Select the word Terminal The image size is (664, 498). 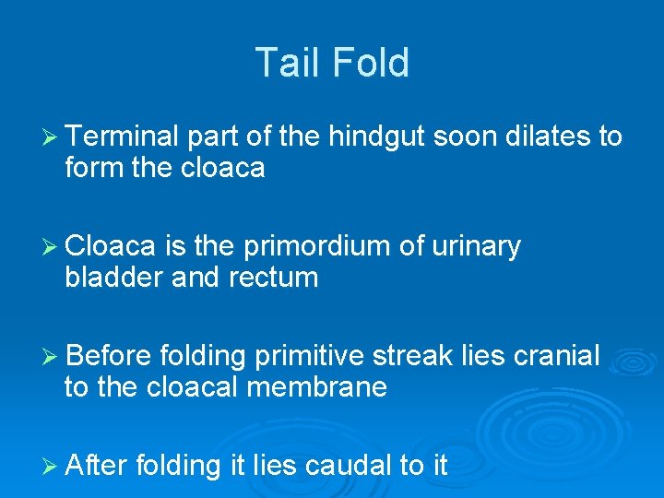click(123, 137)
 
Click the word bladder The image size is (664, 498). click(115, 277)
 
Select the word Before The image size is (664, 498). click(110, 355)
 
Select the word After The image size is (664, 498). click(97, 465)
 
